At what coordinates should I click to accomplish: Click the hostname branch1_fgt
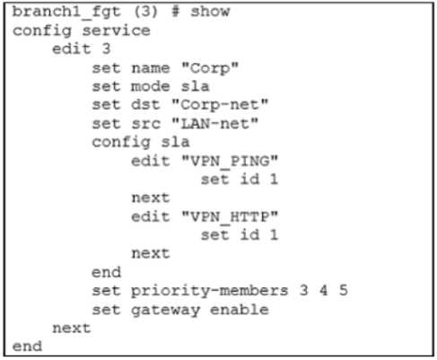[66, 13]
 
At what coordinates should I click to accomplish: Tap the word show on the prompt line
[210, 12]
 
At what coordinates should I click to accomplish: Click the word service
[116, 31]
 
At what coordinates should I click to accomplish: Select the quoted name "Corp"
[210, 68]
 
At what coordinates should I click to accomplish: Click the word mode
[151, 86]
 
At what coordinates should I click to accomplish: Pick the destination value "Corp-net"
[220, 105]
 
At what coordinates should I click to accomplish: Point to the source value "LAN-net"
[214, 123]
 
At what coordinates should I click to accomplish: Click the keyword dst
[145, 105]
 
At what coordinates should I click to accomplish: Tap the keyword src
[145, 124]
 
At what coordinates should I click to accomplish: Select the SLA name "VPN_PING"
[230, 162]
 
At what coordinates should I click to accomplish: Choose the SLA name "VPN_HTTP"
[230, 217]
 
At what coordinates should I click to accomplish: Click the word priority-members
[210, 291]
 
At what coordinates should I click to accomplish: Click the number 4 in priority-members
[323, 290]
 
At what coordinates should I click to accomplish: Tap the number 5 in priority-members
[343, 290]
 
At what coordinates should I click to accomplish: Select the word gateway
[165, 311]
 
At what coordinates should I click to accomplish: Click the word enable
[240, 310]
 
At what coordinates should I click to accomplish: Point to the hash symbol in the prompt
[175, 12]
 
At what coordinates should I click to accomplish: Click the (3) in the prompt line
[145, 12]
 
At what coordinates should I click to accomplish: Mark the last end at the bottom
[27, 347]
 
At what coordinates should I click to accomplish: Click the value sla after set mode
[195, 86]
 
